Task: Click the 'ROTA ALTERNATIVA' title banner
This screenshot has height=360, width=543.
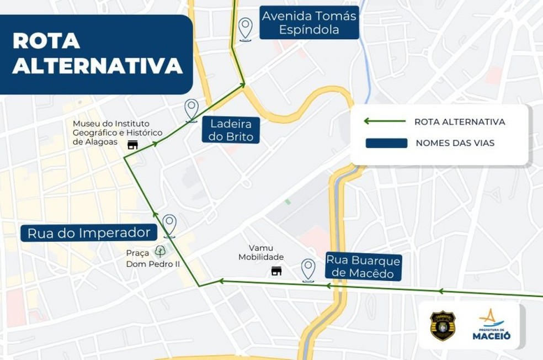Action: click(97, 54)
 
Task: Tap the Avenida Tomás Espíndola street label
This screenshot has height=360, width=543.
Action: click(309, 23)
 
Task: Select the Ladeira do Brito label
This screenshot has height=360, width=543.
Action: click(231, 130)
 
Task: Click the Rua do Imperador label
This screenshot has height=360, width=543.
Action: click(89, 232)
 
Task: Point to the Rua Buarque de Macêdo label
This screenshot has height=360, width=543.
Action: click(363, 266)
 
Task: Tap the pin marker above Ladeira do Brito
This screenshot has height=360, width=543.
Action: click(191, 109)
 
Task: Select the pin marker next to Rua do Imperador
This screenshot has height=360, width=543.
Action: click(169, 225)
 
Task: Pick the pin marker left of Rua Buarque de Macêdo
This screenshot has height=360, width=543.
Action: click(308, 269)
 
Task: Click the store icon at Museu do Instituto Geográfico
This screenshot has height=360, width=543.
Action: click(132, 145)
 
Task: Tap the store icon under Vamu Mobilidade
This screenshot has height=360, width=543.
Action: click(276, 271)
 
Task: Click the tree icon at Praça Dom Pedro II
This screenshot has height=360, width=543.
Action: click(160, 251)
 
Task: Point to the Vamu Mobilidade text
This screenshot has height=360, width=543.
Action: click(261, 252)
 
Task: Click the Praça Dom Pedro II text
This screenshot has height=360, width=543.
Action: click(146, 258)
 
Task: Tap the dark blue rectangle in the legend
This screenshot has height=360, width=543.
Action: click(386, 143)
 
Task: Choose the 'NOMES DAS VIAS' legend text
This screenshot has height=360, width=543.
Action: click(455, 143)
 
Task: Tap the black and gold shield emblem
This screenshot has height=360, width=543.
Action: click(443, 326)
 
